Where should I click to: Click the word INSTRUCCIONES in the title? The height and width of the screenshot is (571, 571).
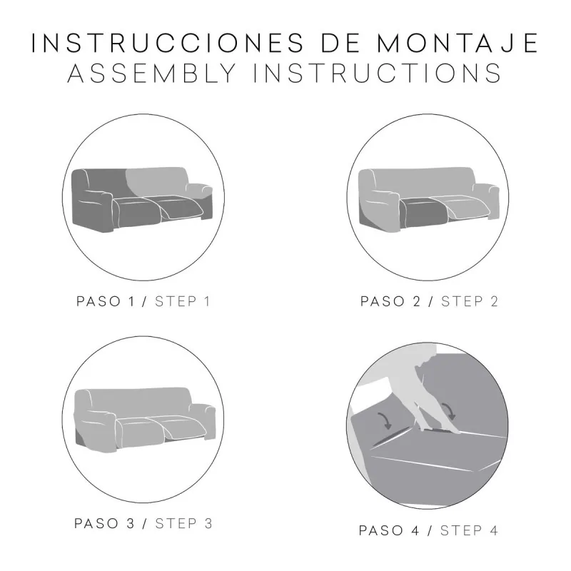(168, 43)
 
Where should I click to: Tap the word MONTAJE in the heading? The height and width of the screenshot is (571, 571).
(458, 43)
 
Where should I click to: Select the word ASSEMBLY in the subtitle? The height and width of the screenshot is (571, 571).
(152, 73)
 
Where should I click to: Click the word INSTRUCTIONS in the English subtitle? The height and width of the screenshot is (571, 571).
(378, 73)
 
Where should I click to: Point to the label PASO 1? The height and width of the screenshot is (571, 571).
(105, 301)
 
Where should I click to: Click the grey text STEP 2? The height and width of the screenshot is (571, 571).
(470, 301)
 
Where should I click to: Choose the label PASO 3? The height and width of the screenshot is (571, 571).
(104, 524)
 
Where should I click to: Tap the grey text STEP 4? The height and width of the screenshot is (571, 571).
(469, 530)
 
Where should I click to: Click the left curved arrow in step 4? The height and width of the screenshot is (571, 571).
(385, 420)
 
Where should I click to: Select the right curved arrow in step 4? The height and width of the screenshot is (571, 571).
(449, 412)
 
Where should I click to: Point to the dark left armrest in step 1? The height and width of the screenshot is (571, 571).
(92, 211)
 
